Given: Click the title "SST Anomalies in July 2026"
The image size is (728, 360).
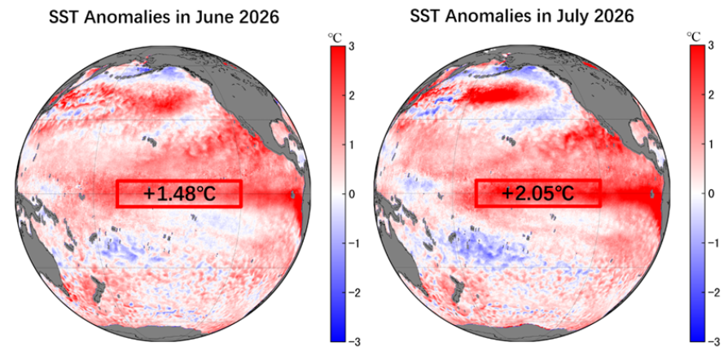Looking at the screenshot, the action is [522, 16].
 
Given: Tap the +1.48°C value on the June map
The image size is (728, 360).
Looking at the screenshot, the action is [179, 194].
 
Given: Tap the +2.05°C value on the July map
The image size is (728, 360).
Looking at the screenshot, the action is [538, 193].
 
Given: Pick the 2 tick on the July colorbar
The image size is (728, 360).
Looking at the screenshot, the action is [710, 95].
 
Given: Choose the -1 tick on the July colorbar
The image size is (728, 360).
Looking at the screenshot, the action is [710, 244].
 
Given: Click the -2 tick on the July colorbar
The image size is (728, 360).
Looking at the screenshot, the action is [710, 292].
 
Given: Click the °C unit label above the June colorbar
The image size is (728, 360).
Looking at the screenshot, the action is [335, 37].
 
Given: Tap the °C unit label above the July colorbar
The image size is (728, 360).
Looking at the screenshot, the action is [694, 36].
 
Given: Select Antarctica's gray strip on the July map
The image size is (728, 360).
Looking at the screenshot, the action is [521, 332].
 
